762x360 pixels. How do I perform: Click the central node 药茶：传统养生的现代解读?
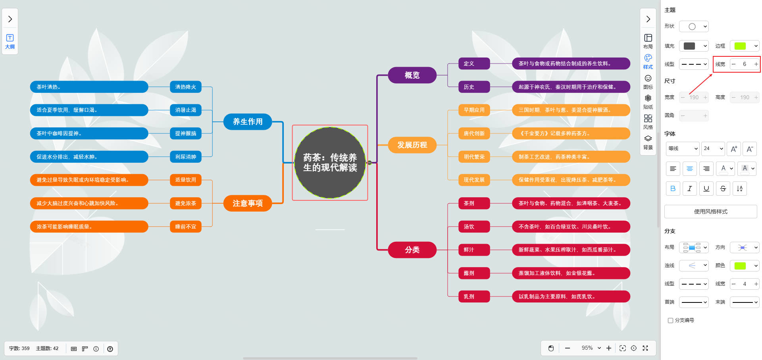(x=330, y=163)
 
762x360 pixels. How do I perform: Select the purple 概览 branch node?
(x=412, y=75)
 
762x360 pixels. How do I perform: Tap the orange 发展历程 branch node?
(x=412, y=145)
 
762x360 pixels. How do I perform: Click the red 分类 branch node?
(x=412, y=250)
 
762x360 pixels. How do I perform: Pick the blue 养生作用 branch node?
(x=248, y=122)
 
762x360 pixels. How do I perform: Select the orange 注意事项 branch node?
(x=248, y=203)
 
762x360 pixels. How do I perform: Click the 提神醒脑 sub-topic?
(x=186, y=133)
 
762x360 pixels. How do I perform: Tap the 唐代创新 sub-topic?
(x=474, y=133)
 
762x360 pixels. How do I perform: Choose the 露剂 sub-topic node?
(x=469, y=273)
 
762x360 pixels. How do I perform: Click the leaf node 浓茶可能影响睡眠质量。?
(x=89, y=227)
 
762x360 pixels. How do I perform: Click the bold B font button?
(x=673, y=189)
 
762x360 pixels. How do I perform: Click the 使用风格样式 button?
(x=710, y=212)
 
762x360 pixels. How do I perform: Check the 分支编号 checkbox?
(x=671, y=320)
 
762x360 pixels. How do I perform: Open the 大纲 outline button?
(x=10, y=41)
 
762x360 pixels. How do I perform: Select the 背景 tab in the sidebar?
(x=648, y=142)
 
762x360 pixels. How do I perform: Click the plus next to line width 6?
(x=756, y=64)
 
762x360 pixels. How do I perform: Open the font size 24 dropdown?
(x=713, y=148)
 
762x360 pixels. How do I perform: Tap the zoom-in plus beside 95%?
(x=609, y=348)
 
